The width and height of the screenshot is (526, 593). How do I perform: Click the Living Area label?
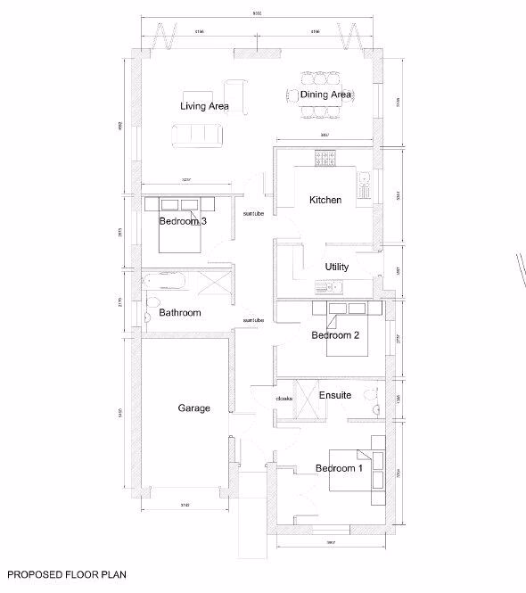pos(204,106)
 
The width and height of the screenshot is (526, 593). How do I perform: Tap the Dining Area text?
pos(325,95)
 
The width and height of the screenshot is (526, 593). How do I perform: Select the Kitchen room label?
pos(325,201)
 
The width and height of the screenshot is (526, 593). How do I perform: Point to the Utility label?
pos(336,268)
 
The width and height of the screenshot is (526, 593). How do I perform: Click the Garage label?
pos(193,408)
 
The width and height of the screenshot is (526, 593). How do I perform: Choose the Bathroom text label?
pos(180,313)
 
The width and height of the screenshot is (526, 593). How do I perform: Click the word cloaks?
pos(284,397)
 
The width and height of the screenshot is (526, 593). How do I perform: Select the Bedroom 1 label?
pos(339,468)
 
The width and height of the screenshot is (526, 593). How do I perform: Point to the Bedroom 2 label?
pos(335,336)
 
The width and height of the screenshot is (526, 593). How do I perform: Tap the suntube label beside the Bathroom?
pos(254,320)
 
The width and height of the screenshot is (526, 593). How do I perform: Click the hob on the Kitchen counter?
pos(325,158)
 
